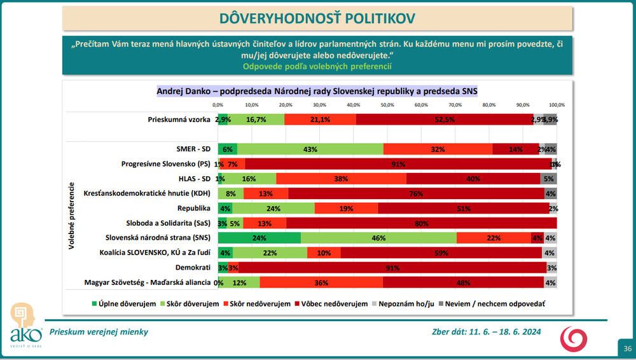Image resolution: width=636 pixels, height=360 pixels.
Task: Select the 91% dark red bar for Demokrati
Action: [x=391, y=267]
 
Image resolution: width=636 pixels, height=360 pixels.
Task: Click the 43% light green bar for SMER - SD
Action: [x=310, y=149]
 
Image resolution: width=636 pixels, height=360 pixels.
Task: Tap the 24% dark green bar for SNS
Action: [x=259, y=237]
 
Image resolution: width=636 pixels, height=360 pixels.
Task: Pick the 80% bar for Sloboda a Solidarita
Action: [x=421, y=223]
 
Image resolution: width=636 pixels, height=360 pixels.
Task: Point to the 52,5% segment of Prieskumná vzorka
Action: [x=445, y=119]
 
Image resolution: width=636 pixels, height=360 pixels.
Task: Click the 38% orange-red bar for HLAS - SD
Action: [x=341, y=179]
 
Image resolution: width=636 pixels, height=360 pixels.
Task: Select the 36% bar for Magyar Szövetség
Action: [x=321, y=282]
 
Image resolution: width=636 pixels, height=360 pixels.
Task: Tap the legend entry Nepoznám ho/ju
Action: [x=405, y=304]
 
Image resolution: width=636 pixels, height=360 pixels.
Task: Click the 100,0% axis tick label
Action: [x=556, y=105]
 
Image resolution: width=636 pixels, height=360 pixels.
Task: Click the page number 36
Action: [x=627, y=349]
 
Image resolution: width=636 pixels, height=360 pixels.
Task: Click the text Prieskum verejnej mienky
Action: [x=99, y=331]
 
